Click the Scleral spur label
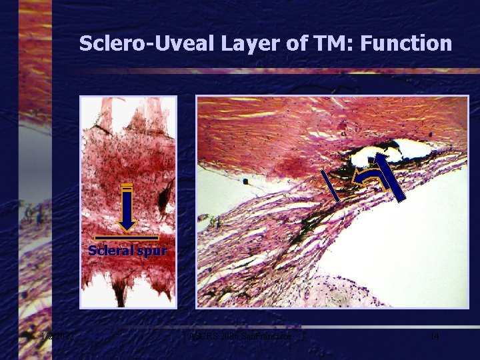[x=127, y=251]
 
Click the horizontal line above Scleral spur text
[x=127, y=238]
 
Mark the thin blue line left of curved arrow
[x=330, y=185]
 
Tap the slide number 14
[x=434, y=336]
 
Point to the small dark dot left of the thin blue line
[x=246, y=181]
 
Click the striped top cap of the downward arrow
[x=127, y=187]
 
